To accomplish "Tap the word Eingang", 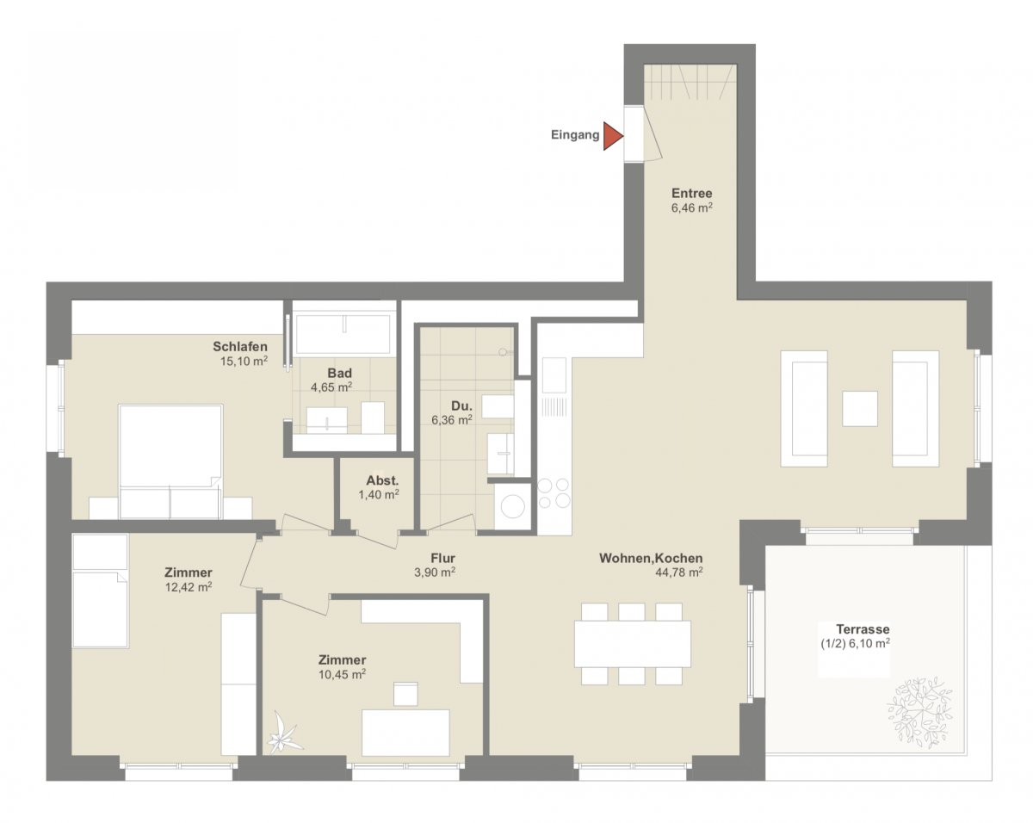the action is pyautogui.click(x=575, y=135).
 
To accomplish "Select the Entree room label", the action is pyautogui.click(x=691, y=194).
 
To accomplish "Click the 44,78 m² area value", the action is pyautogui.click(x=678, y=572).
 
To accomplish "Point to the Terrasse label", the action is pyautogui.click(x=863, y=629).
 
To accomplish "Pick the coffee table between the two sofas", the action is pyautogui.click(x=860, y=409).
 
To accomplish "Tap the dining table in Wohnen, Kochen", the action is pyautogui.click(x=633, y=644).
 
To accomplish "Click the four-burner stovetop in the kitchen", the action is pyautogui.click(x=554, y=493).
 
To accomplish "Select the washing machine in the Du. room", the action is pyautogui.click(x=513, y=506).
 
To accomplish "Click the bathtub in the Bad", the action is pyautogui.click(x=343, y=335).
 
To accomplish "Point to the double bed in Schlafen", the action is pyautogui.click(x=170, y=461).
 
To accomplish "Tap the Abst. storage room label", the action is pyautogui.click(x=382, y=480).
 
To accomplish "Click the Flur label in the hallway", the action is pyautogui.click(x=442, y=558).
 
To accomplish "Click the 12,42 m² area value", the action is pyautogui.click(x=189, y=587).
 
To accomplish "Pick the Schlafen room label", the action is pyautogui.click(x=240, y=347).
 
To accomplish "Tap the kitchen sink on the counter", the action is pyautogui.click(x=554, y=375).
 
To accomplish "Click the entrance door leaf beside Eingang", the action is pyautogui.click(x=653, y=134).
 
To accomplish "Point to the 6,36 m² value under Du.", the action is pyautogui.click(x=452, y=420).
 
